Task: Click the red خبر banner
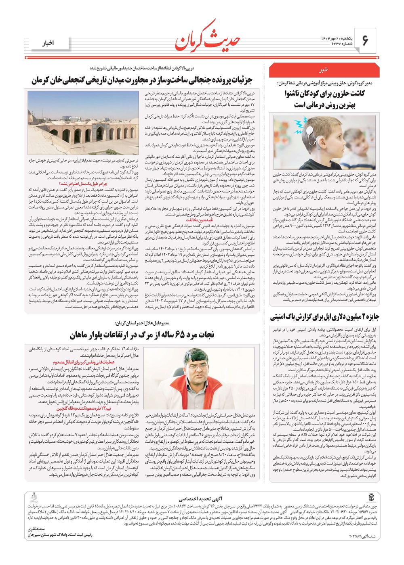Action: click(323, 70)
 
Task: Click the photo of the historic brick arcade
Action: click(83, 123)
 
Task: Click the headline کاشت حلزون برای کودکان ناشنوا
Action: click(323, 94)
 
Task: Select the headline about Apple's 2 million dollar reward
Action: click(327, 317)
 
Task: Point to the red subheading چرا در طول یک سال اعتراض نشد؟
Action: click(81, 183)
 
